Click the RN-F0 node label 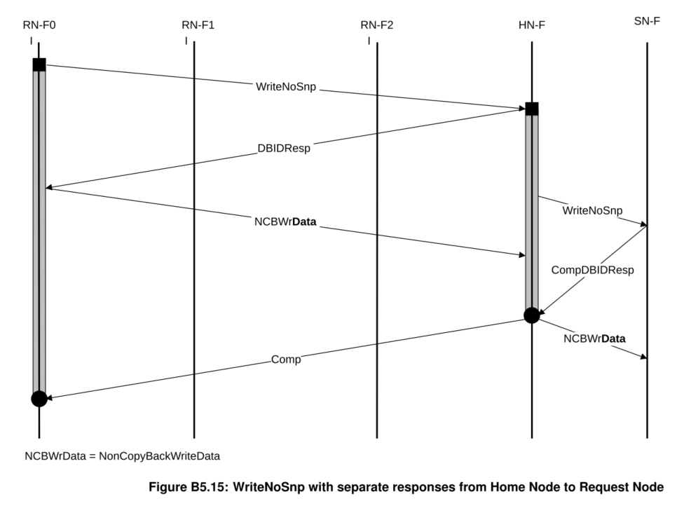point(39,25)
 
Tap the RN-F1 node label point(198,25)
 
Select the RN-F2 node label point(377,25)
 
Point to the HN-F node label point(532,25)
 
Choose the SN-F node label point(647,21)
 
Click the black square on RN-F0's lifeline point(39,64)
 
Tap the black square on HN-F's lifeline point(532,109)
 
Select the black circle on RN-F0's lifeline point(39,399)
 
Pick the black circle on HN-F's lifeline point(532,315)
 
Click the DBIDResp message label point(284,148)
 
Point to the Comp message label point(286,360)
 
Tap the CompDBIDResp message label point(593,270)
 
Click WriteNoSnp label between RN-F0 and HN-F point(286,86)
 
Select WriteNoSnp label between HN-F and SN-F point(593,210)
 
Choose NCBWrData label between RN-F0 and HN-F point(285,221)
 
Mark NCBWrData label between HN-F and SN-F point(594,339)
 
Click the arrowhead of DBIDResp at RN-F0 point(49,187)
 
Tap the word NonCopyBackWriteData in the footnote point(160,456)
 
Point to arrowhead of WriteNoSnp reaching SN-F point(644,224)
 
